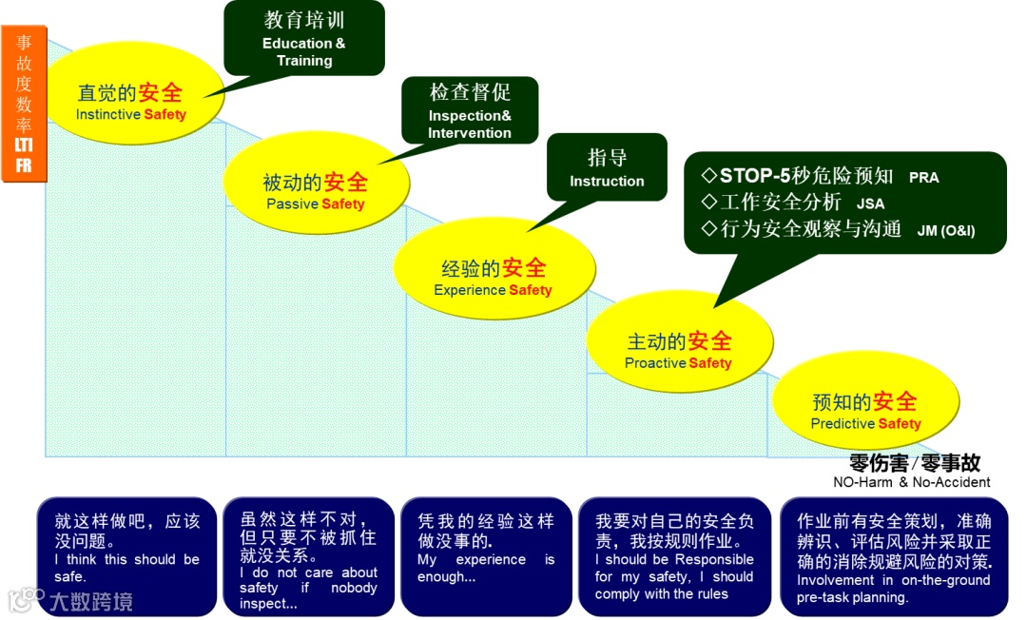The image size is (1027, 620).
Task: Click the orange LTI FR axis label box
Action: [x=24, y=104]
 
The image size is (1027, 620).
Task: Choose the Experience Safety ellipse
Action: [x=493, y=277]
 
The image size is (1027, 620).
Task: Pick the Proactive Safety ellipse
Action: [x=678, y=349]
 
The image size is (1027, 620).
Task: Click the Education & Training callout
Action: [x=304, y=38]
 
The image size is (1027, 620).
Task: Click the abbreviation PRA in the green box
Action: [x=923, y=178]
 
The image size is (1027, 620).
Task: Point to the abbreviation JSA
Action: [x=870, y=203]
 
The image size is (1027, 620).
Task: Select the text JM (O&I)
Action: [x=946, y=230]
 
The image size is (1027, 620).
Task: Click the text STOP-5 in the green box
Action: [x=755, y=176]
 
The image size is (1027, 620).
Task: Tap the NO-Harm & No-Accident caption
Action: [x=911, y=482]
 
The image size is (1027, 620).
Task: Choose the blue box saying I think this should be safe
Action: [x=126, y=556]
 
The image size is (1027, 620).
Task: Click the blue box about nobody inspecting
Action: [x=308, y=556]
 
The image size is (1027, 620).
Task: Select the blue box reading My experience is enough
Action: [x=486, y=556]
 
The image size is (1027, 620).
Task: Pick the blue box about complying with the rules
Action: [x=674, y=556]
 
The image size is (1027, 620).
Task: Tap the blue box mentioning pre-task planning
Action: [x=894, y=556]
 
